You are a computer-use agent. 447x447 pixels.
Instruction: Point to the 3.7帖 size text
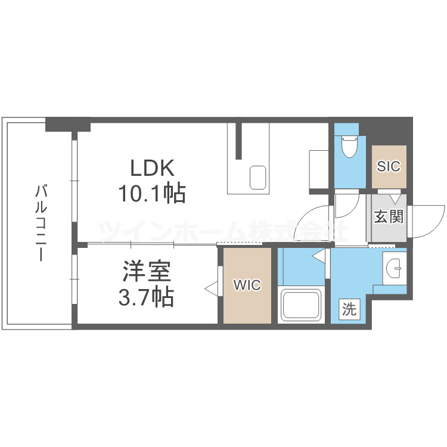(x=146, y=296)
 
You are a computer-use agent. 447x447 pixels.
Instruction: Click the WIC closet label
(x=247, y=285)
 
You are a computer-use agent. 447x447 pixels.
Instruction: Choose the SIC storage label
(x=389, y=166)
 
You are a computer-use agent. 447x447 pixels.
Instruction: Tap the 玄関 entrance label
(x=388, y=216)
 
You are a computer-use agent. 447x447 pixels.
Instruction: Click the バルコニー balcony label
(x=41, y=223)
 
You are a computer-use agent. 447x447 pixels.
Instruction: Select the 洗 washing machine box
(x=350, y=310)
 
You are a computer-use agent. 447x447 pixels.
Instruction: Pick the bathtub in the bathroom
(x=302, y=305)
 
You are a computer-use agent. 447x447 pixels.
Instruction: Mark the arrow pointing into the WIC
(x=210, y=288)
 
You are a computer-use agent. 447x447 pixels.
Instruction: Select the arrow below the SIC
(x=395, y=198)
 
